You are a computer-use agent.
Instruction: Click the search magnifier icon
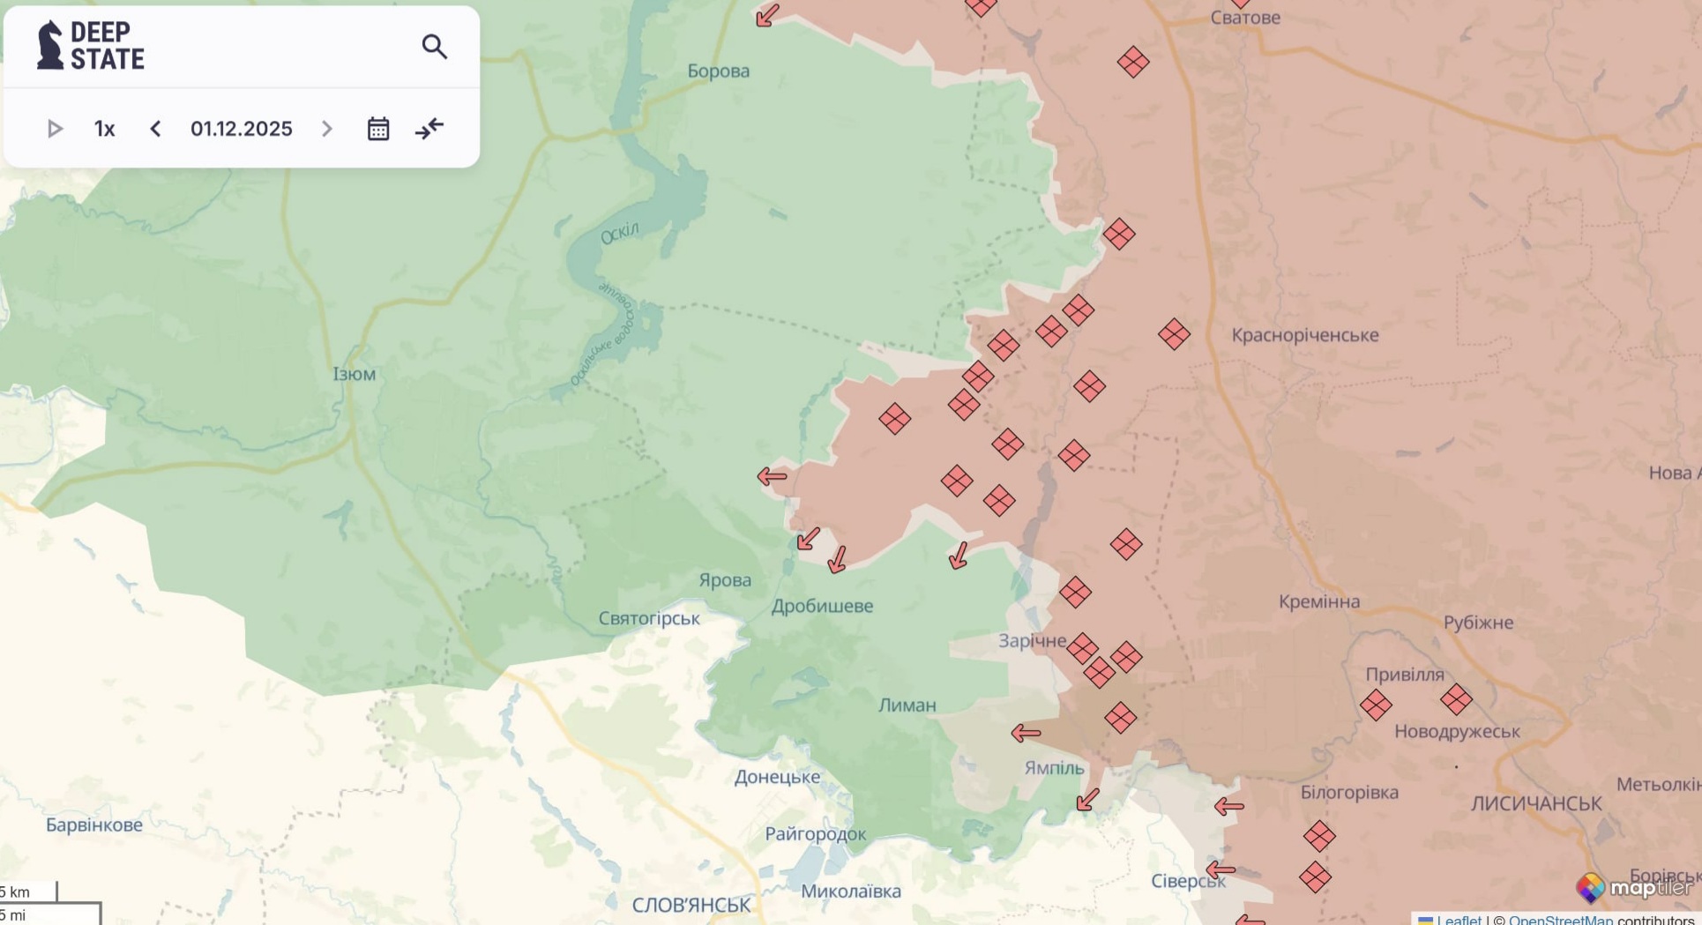(x=434, y=47)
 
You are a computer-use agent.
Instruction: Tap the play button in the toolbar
(x=55, y=130)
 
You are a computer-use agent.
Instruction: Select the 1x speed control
(x=104, y=130)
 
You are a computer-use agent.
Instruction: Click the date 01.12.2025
(x=241, y=130)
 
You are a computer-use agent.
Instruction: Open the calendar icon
(x=378, y=130)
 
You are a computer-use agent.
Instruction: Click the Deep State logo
(x=91, y=46)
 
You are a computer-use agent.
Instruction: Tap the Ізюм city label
(x=355, y=374)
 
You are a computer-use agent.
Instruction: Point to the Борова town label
(x=718, y=71)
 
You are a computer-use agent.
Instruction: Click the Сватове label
(x=1244, y=18)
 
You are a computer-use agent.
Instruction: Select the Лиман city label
(x=907, y=705)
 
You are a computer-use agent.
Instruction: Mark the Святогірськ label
(x=649, y=619)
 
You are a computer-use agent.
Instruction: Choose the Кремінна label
(x=1318, y=602)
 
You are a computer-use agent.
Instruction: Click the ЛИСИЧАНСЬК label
(x=1535, y=804)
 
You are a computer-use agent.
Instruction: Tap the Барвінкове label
(x=94, y=825)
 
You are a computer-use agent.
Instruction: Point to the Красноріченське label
(x=1304, y=336)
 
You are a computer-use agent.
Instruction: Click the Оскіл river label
(x=619, y=234)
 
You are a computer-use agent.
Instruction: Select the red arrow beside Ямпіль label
(x=1026, y=733)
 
